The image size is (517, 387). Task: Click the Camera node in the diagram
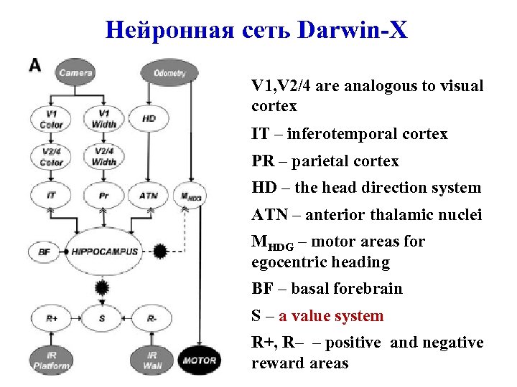[75, 72]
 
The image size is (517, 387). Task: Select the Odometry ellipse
[169, 72]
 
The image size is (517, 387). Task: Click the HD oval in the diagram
[149, 118]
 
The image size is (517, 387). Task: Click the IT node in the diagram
[51, 195]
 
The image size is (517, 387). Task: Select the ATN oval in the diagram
[149, 195]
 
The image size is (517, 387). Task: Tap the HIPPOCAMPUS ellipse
[105, 252]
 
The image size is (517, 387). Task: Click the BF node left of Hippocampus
[45, 252]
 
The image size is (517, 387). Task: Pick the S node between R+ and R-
[102, 317]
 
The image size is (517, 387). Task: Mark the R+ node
[51, 317]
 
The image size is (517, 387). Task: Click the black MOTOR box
[200, 360]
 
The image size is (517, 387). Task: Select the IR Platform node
[51, 360]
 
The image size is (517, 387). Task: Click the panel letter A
[34, 65]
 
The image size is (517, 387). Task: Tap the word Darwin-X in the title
[355, 29]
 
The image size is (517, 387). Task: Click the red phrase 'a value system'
[331, 316]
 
